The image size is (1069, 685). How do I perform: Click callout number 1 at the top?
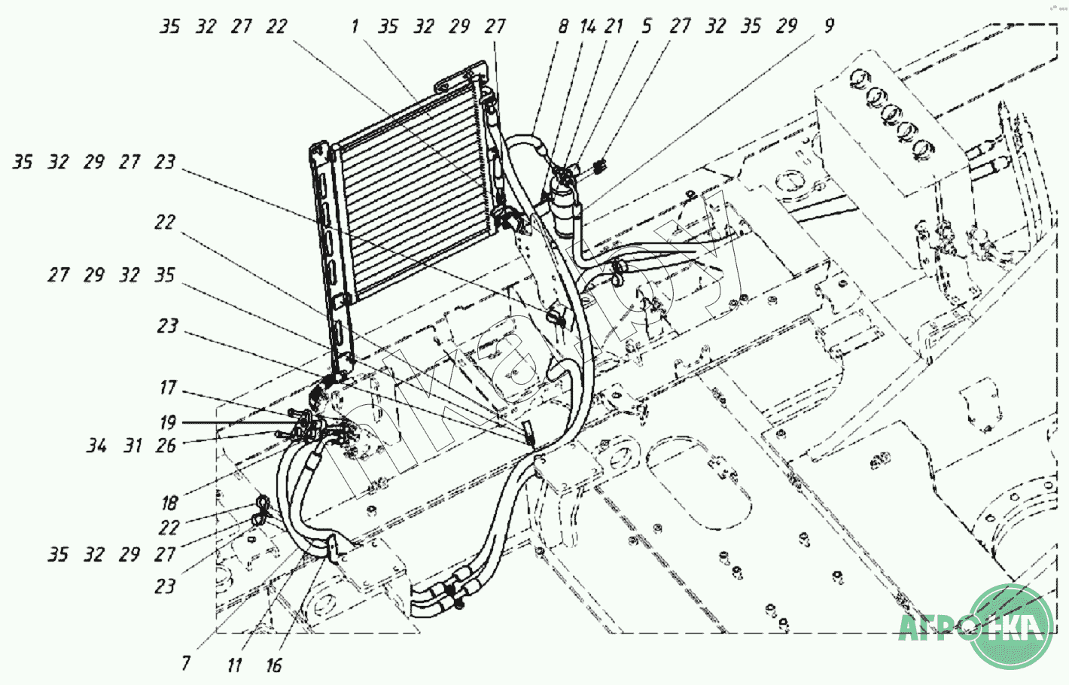click(355, 26)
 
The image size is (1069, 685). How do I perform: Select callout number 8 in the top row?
click(563, 26)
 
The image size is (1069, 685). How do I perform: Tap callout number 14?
click(588, 26)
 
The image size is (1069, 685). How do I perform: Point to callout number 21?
click(614, 26)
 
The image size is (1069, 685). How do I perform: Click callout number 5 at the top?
click(646, 26)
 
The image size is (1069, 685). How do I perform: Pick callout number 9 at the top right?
click(829, 26)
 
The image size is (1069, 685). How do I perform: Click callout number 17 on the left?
click(168, 388)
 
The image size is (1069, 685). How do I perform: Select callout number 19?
click(168, 422)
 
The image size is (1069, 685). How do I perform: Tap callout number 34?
click(96, 446)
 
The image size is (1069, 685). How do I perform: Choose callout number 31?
click(133, 446)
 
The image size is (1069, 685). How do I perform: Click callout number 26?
click(166, 446)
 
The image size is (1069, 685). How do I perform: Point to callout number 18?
click(169, 503)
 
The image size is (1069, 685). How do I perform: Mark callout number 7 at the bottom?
click(186, 662)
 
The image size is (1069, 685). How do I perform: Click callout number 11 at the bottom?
click(234, 665)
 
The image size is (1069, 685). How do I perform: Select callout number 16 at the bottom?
click(273, 665)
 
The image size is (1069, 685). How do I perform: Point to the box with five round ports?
click(888, 120)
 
